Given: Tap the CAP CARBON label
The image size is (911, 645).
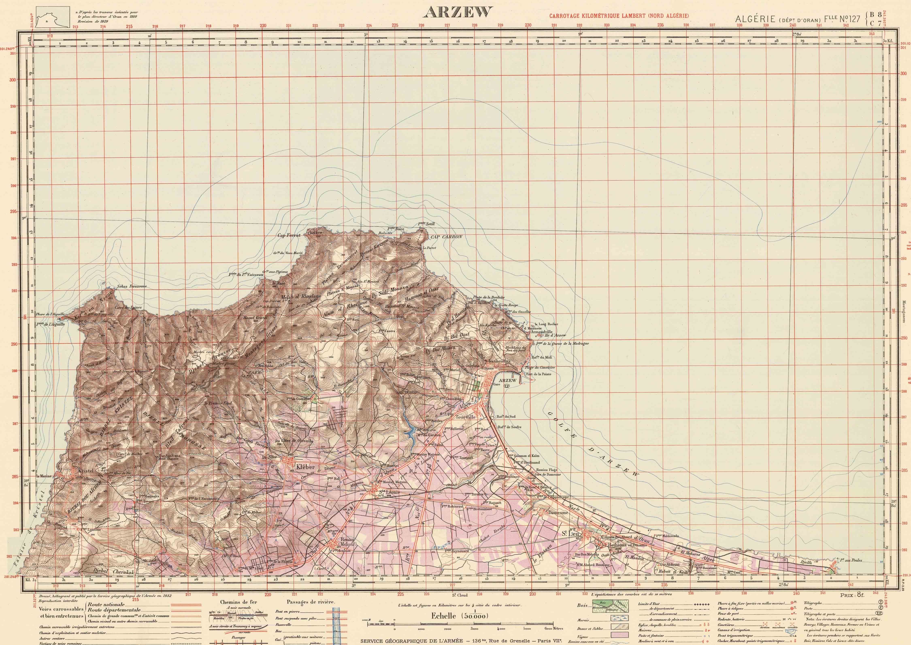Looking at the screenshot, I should tap(446, 237).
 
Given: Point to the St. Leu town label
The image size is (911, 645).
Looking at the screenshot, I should tap(569, 534).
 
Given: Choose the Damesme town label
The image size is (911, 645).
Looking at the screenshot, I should tap(558, 512).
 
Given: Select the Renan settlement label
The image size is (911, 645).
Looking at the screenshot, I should tap(347, 539).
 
